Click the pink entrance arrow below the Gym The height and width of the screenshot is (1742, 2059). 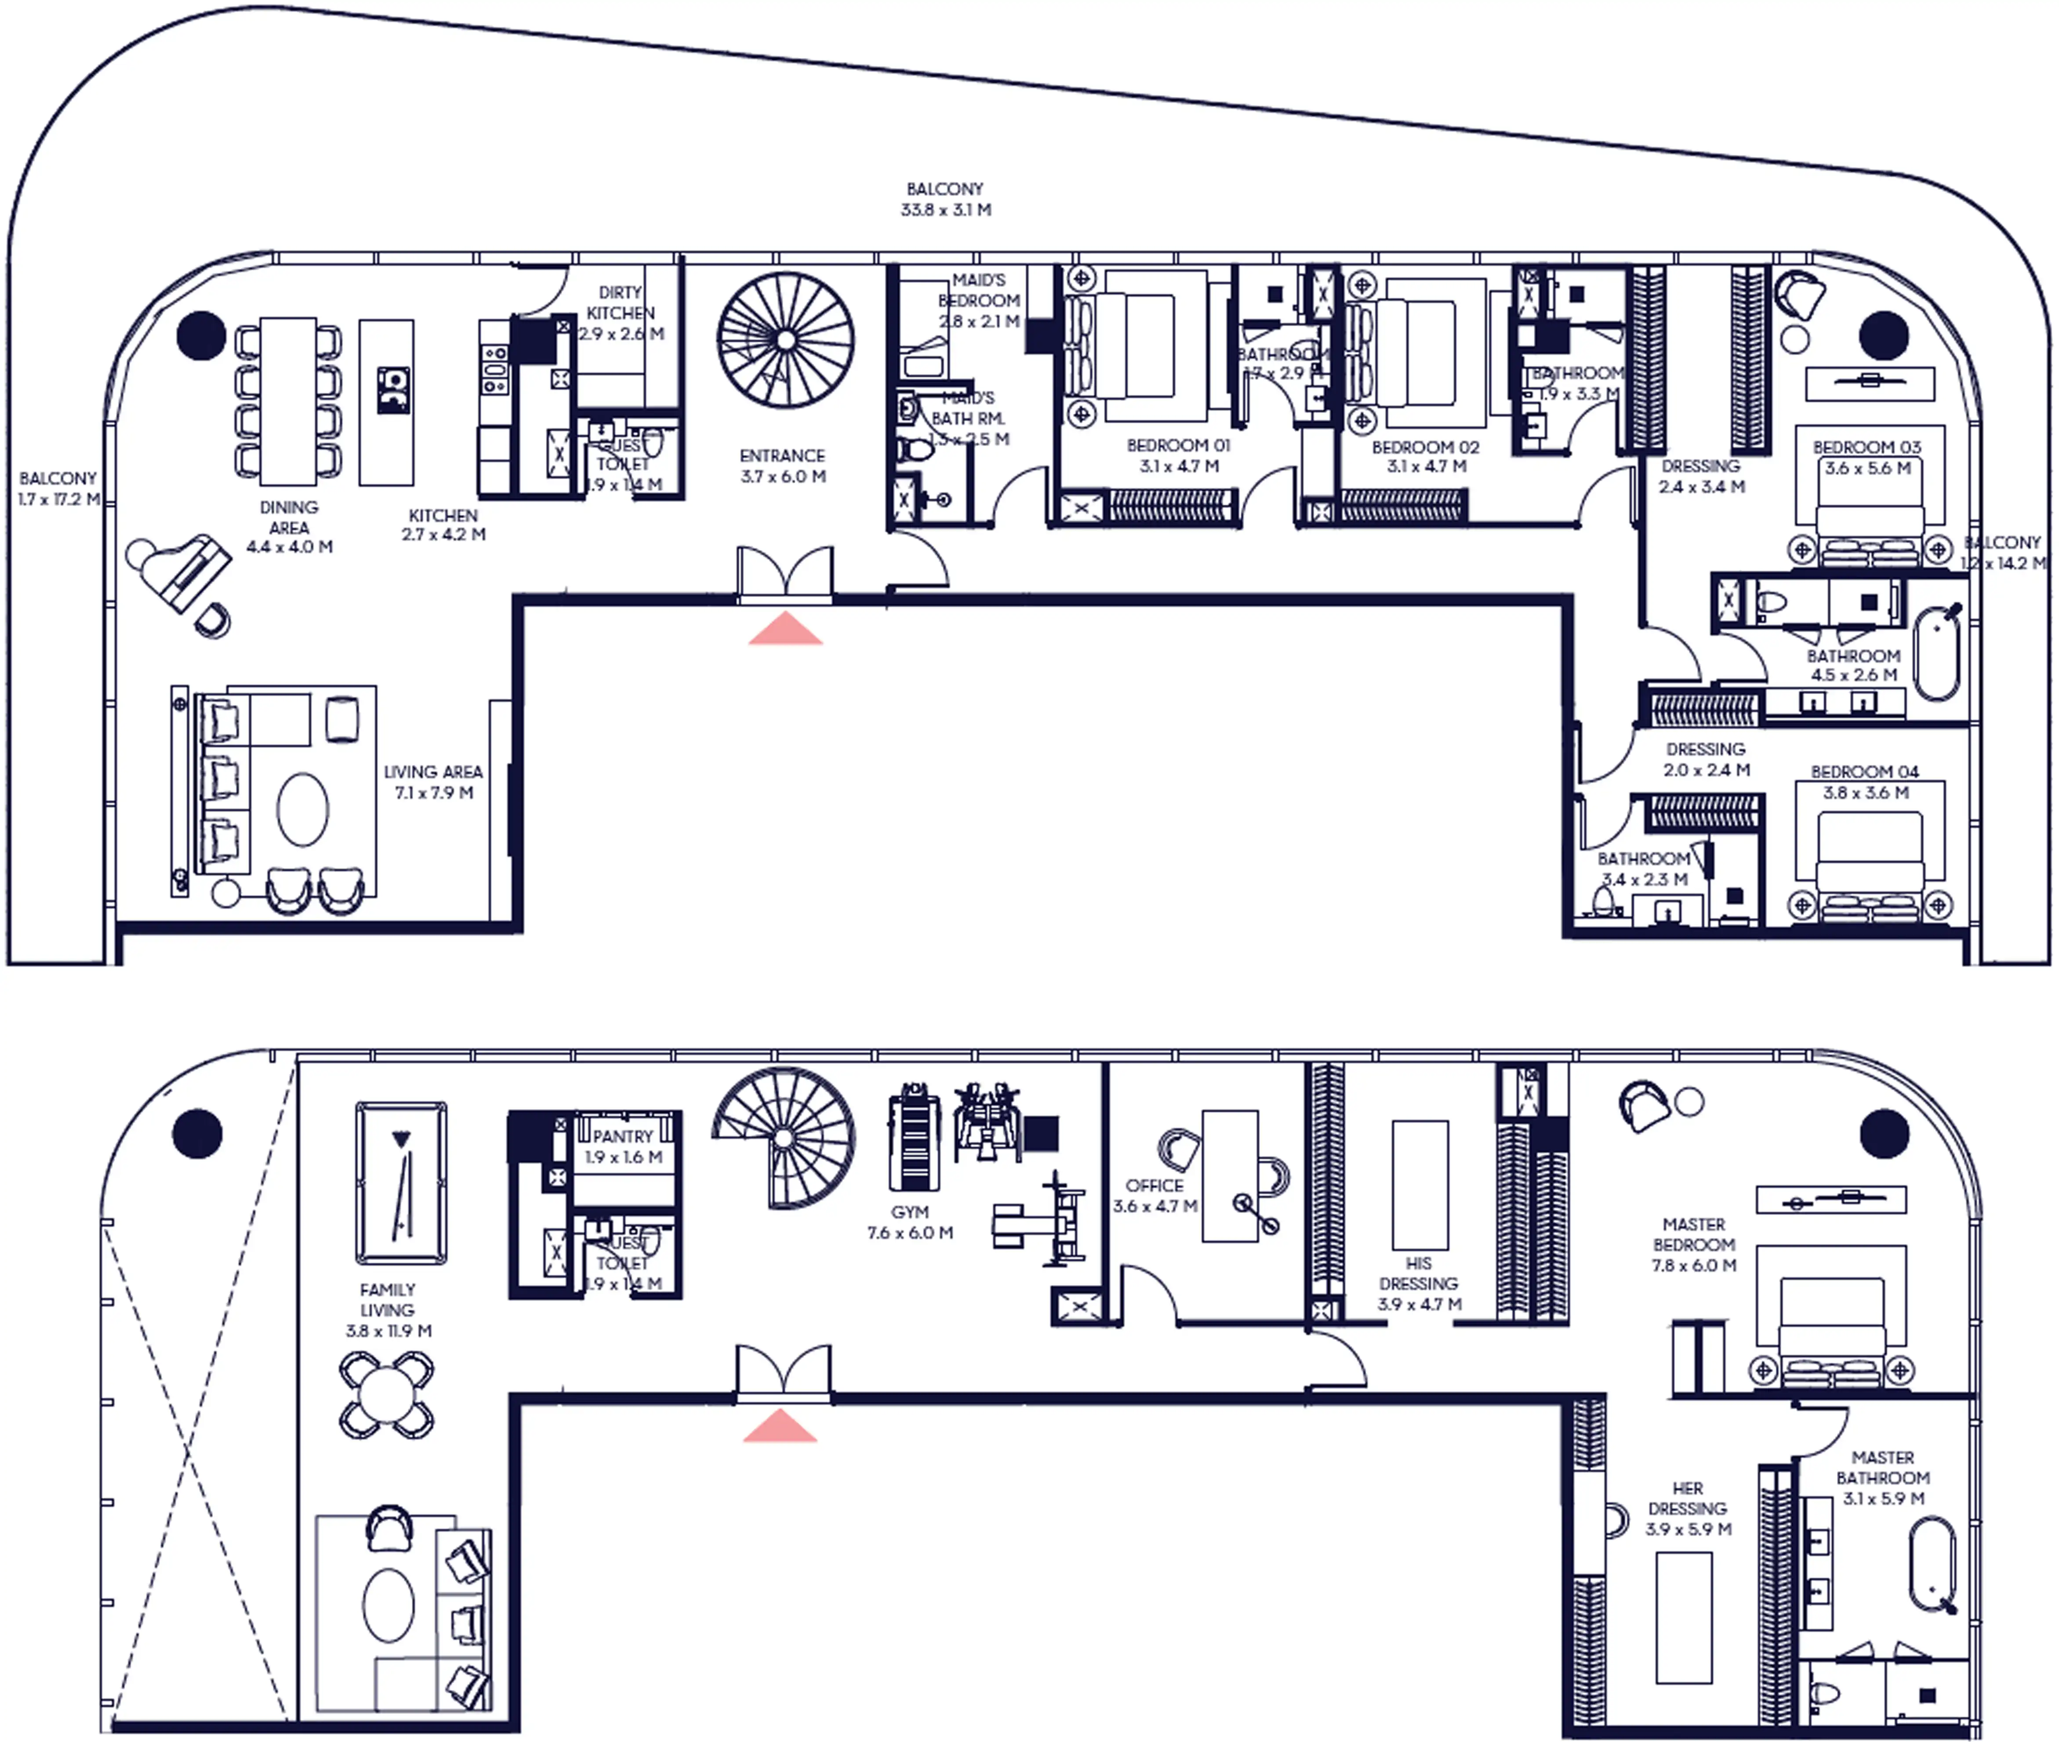point(780,1426)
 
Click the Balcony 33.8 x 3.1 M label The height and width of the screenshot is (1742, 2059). point(945,199)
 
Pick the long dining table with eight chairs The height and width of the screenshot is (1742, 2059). point(288,400)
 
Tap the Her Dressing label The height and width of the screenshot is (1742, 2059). point(1688,1508)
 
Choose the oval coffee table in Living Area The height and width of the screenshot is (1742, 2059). point(302,809)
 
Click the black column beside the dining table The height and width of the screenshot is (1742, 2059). point(201,335)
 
